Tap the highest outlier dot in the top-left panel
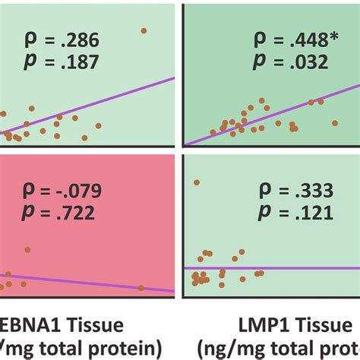144,30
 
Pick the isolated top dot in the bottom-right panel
197,182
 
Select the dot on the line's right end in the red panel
141,288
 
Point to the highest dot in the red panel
27,249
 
